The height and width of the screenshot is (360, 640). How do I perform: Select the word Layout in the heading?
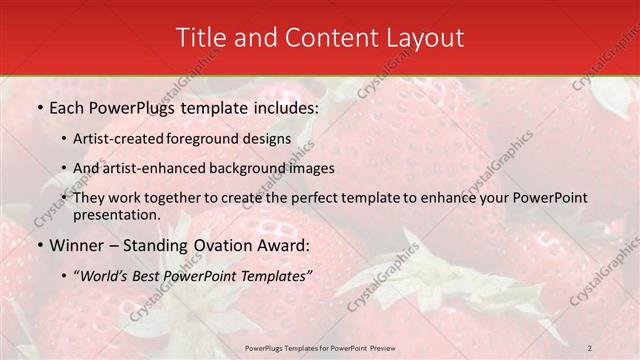427,37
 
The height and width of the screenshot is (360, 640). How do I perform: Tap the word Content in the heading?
324,37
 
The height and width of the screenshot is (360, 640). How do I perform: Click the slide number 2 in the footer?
590,347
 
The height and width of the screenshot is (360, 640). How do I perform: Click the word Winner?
75,246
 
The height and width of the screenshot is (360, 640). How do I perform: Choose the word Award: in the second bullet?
280,246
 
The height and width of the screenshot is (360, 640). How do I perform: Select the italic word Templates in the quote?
269,276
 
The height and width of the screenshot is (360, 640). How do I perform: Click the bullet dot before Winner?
39,246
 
